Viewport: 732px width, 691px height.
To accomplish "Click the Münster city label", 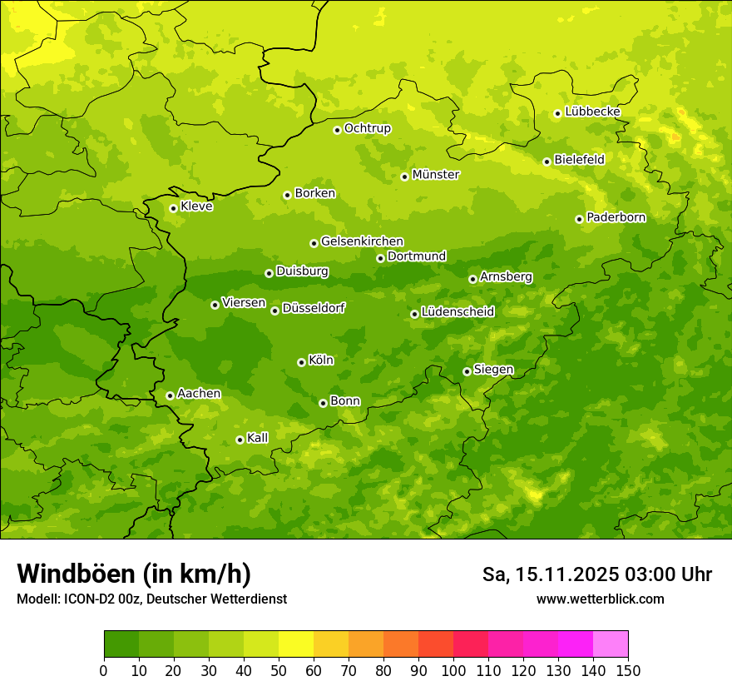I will click(435, 175).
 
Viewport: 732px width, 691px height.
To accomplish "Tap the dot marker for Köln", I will click(301, 362).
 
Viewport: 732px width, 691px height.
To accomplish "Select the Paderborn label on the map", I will click(616, 217).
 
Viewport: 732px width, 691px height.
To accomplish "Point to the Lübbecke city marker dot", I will click(557, 113).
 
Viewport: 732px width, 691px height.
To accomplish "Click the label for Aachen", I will click(199, 394).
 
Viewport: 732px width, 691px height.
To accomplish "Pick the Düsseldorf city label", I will click(313, 309).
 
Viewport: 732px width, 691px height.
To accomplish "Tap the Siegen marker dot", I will click(467, 371).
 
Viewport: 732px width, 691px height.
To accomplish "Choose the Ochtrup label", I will click(367, 128).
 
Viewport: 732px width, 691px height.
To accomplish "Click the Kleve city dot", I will click(173, 208).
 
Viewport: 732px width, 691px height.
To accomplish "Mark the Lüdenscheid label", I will click(457, 312).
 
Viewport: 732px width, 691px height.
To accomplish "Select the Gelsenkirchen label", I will click(362, 241).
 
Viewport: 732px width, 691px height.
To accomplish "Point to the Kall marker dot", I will click(240, 440).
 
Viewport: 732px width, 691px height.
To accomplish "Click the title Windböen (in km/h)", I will click(134, 574).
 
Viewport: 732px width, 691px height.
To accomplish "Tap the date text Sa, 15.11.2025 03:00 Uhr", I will click(597, 574).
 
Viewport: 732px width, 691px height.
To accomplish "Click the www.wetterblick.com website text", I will click(600, 599).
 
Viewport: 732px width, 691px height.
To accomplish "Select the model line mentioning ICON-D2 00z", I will click(151, 599).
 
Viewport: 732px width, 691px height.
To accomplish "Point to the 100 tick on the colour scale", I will click(453, 671).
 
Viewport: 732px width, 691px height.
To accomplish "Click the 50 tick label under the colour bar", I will click(279, 671).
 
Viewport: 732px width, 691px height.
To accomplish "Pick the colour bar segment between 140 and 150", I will click(611, 644).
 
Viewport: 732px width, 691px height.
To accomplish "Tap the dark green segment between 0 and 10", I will click(121, 644).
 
